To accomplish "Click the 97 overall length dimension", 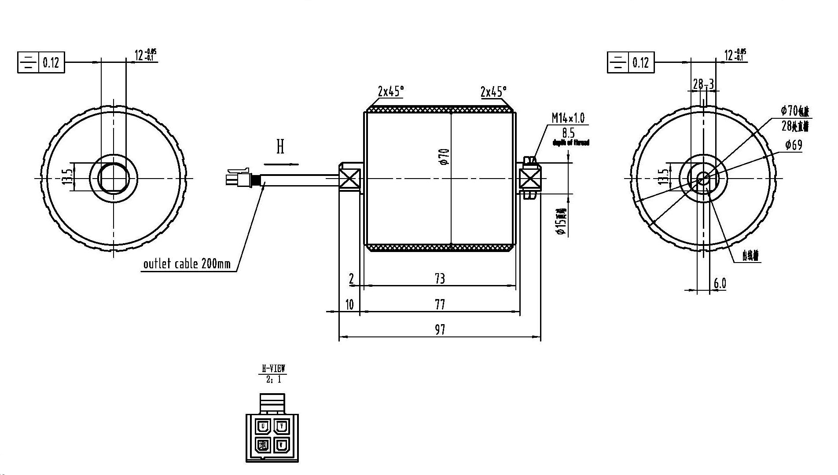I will click(440, 330).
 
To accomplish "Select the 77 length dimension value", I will click(440, 304).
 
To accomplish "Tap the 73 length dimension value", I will click(440, 278).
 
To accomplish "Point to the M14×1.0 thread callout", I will click(568, 118).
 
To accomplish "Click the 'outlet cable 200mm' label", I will click(187, 264).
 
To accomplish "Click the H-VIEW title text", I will click(274, 369).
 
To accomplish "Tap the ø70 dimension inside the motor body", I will click(445, 157).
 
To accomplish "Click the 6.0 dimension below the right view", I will click(720, 284).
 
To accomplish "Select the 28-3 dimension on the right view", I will click(703, 84).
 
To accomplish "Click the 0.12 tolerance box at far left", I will click(51, 62).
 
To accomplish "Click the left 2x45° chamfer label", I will click(390, 91).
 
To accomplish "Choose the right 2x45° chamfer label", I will click(493, 91).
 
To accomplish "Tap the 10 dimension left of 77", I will click(349, 304).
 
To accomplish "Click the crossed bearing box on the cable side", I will click(349, 179).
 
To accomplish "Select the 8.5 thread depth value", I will click(568, 133).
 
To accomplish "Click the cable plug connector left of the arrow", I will click(238, 178).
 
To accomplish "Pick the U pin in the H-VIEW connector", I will click(263, 426).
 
